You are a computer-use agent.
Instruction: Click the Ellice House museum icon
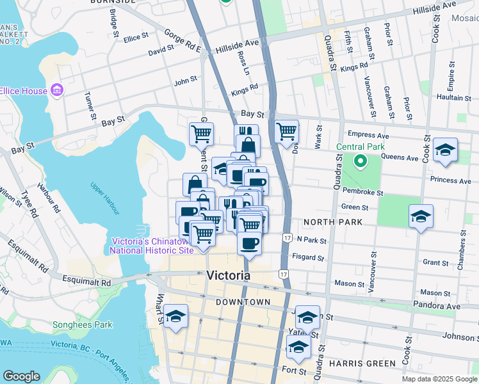56,90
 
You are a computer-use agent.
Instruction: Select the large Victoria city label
229,276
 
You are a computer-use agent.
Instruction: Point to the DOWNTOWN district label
243,301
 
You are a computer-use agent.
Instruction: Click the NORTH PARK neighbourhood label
333,221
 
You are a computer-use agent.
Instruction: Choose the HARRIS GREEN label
362,364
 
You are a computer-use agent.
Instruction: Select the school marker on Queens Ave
445,150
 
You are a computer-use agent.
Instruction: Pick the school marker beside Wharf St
175,317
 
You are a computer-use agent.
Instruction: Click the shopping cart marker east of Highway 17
286,132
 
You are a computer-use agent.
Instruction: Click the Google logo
21,376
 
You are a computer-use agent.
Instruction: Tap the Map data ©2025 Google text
439,379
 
